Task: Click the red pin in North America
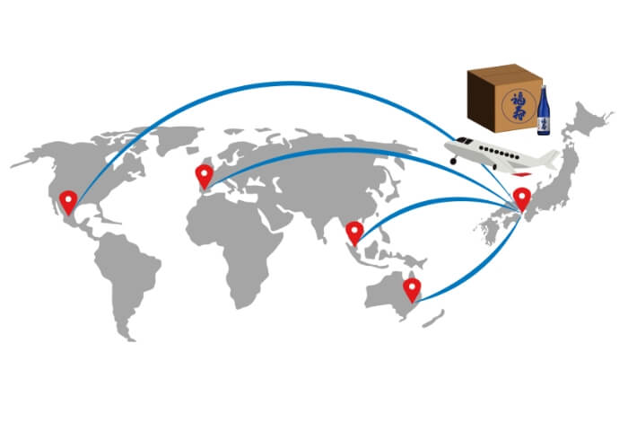(x=67, y=202)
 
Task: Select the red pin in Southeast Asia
(x=354, y=232)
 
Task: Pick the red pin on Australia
(x=412, y=288)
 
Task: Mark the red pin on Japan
(x=521, y=198)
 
